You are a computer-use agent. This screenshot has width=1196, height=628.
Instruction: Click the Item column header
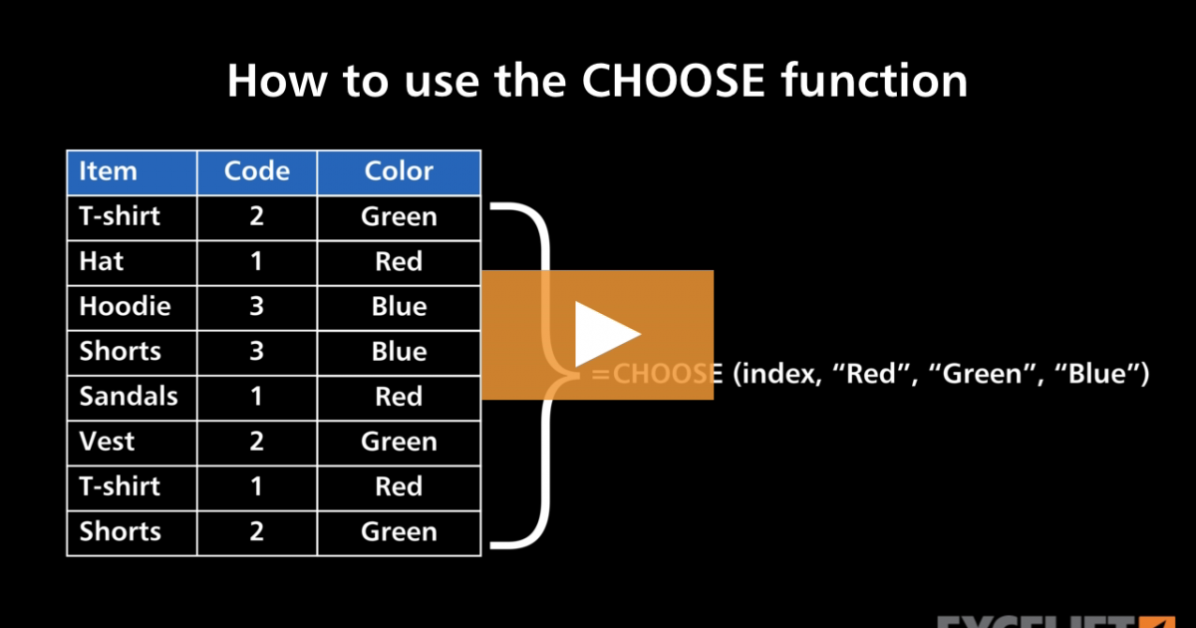(x=108, y=171)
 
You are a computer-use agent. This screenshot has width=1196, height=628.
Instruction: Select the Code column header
(x=256, y=171)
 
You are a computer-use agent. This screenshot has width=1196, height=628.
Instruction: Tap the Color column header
(x=399, y=171)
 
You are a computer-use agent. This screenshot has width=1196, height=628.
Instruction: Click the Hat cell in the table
(x=102, y=262)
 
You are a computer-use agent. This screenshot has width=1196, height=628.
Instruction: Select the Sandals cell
(x=128, y=397)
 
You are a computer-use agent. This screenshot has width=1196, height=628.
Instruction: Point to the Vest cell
(x=107, y=442)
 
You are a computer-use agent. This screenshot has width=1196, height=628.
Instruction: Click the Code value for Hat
(x=256, y=262)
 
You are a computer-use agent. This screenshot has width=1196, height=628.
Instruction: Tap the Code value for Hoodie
(x=256, y=307)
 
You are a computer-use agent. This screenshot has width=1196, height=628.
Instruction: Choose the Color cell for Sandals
(x=399, y=397)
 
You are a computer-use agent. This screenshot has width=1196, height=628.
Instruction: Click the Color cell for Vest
(x=399, y=442)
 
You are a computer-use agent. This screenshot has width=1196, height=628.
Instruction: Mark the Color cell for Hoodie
(x=399, y=307)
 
